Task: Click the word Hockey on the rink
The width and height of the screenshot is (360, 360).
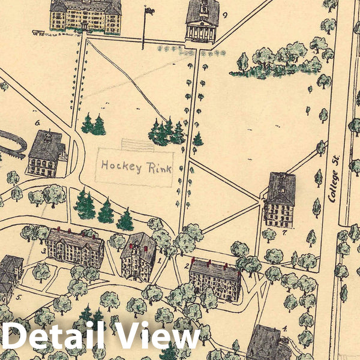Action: (120, 166)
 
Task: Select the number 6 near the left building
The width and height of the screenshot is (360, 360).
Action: (37, 124)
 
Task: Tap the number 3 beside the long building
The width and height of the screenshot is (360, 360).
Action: (44, 250)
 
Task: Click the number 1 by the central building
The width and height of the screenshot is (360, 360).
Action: (160, 260)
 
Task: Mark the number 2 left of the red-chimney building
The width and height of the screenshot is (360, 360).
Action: (187, 265)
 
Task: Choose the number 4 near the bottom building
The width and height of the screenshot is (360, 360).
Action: (284, 328)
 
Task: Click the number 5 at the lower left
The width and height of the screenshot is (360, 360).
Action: (18, 297)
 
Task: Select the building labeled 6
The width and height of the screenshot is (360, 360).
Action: (46, 154)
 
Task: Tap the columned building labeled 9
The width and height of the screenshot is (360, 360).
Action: (201, 22)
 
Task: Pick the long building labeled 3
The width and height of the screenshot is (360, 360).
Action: (76, 247)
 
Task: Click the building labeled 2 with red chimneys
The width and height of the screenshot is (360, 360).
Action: (214, 280)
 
